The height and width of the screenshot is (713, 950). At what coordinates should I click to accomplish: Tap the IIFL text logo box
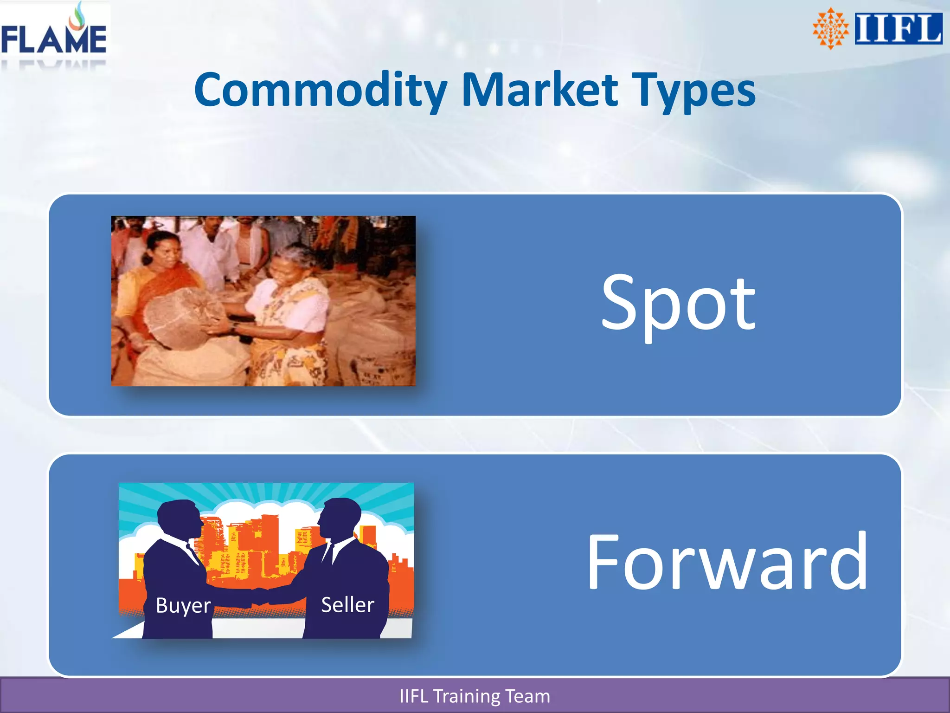point(898,29)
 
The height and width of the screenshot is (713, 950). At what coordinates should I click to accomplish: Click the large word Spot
point(678,304)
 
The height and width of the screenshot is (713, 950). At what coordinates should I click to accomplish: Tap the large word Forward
point(727,562)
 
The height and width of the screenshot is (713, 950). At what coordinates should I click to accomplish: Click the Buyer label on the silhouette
point(183,605)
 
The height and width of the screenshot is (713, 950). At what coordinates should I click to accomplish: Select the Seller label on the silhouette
point(347,604)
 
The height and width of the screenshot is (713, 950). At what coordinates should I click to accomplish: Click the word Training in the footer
point(466,696)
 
